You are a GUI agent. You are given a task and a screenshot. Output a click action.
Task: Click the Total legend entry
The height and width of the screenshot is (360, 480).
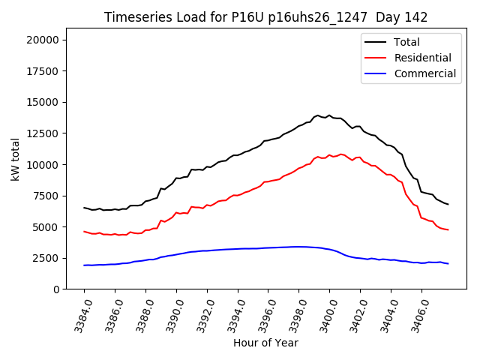point(407,42)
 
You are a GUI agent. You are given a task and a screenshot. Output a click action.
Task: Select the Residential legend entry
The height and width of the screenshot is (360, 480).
point(422,58)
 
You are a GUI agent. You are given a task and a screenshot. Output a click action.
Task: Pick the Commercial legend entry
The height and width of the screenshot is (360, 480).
point(424,73)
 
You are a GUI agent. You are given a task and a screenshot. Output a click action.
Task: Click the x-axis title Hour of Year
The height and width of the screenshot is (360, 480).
point(265,343)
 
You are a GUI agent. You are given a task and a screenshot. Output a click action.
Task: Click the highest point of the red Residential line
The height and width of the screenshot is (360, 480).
point(341,154)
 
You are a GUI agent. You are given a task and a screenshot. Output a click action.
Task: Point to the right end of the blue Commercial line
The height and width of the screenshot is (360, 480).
point(448,263)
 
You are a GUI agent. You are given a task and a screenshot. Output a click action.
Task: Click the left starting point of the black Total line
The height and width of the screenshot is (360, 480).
point(84,208)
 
